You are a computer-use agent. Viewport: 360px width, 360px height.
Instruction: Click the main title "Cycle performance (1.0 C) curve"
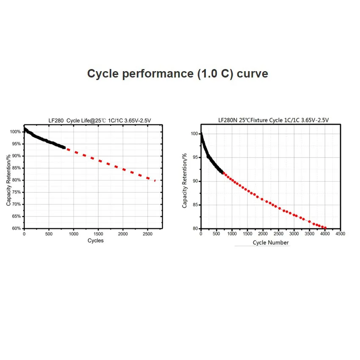(x=177, y=73)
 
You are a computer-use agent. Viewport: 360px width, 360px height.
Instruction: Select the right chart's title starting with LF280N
(x=273, y=120)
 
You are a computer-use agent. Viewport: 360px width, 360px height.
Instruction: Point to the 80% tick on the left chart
(x=16, y=180)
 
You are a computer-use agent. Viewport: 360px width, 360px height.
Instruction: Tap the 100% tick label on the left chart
(x=15, y=132)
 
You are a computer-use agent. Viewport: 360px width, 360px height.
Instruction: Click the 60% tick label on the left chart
(x=16, y=228)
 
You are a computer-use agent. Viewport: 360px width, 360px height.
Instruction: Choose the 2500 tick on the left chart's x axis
(x=147, y=234)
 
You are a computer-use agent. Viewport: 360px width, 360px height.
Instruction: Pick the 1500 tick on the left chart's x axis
(x=98, y=234)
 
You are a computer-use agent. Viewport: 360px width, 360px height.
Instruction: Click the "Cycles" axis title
(x=95, y=241)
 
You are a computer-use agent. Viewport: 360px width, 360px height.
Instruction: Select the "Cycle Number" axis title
(x=271, y=243)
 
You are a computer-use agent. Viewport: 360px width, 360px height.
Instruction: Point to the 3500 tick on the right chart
(x=309, y=234)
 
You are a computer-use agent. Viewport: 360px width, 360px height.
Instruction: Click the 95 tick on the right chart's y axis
(x=194, y=157)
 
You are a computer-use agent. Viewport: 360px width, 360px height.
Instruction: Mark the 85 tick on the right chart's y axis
(x=194, y=205)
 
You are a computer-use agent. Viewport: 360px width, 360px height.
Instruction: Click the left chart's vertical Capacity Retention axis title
(x=8, y=180)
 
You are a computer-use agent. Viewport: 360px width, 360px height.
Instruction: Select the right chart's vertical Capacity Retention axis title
(x=185, y=181)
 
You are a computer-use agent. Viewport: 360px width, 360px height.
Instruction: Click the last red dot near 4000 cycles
(x=325, y=228)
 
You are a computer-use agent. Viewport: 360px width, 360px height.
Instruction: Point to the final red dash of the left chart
(x=155, y=181)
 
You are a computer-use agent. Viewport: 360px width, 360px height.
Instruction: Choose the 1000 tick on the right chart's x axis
(x=232, y=234)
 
